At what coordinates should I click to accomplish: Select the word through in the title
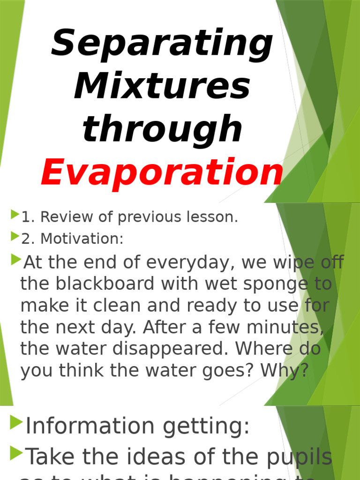(x=162, y=128)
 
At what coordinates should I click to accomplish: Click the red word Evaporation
(x=162, y=172)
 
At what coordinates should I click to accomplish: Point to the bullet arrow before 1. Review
(x=15, y=215)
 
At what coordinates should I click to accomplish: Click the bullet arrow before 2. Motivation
(x=15, y=237)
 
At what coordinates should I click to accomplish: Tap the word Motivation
(x=82, y=239)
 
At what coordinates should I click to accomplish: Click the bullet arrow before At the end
(x=17, y=258)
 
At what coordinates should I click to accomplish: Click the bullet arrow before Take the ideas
(x=16, y=453)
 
